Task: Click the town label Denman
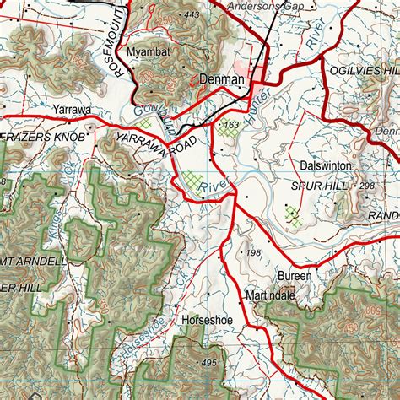pyautogui.click(x=223, y=80)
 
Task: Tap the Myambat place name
pyautogui.click(x=149, y=51)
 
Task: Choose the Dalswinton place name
pyautogui.click(x=325, y=167)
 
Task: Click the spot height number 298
pyautogui.click(x=367, y=186)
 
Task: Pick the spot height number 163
pyautogui.click(x=229, y=126)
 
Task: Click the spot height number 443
pyautogui.click(x=192, y=14)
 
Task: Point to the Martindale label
pyautogui.click(x=270, y=296)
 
